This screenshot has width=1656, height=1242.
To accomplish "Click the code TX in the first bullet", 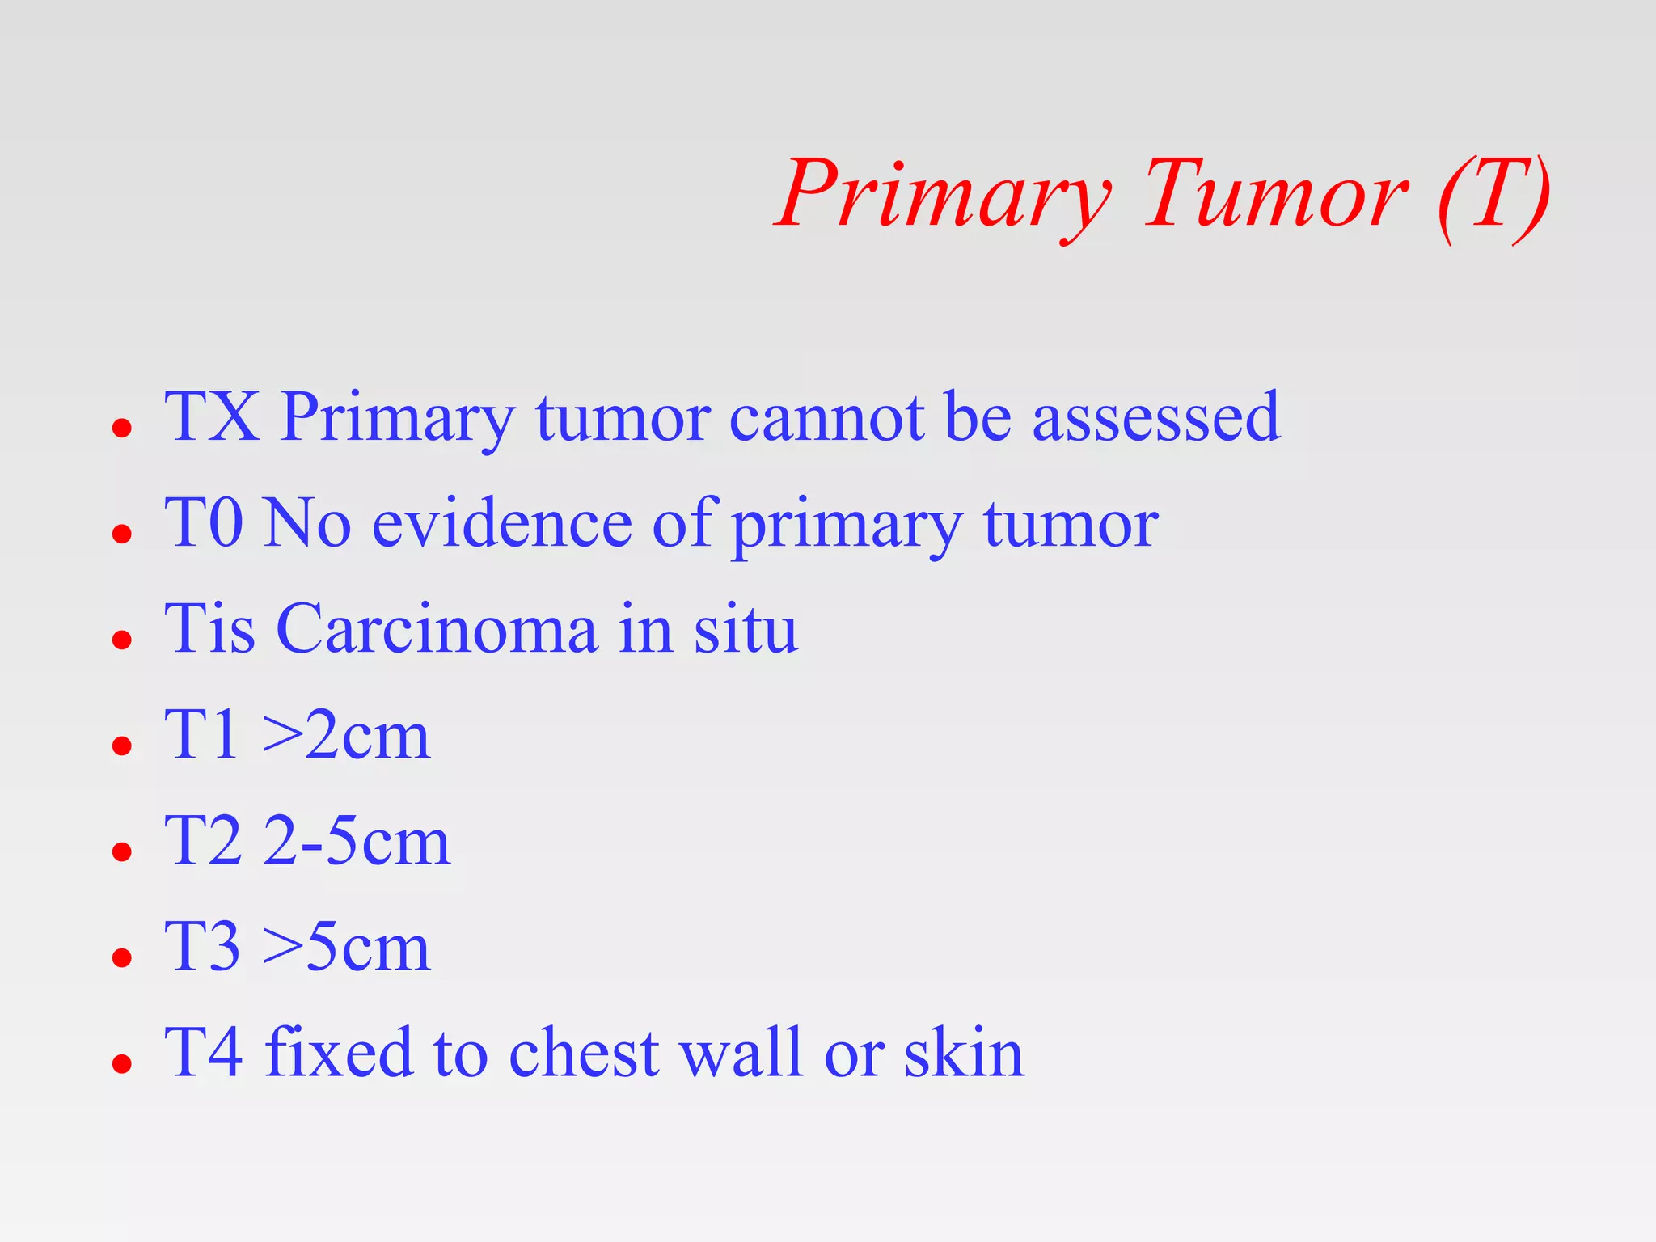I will point(212,417).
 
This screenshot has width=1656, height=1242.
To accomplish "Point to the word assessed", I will point(1156,419).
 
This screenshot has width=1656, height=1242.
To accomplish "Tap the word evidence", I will point(501,524).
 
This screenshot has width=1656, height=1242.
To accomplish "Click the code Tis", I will point(210,629).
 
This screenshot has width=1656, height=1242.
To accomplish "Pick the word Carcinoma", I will point(437,629).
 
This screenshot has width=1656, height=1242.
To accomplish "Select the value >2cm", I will point(346,736).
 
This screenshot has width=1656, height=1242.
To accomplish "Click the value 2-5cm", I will point(356,842).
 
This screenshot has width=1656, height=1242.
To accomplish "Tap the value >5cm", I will point(346,948).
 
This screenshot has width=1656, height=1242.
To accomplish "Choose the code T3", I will point(202,948).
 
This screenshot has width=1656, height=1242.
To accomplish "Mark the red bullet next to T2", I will point(122,851).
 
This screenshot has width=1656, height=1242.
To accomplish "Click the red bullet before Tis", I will point(122,640).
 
